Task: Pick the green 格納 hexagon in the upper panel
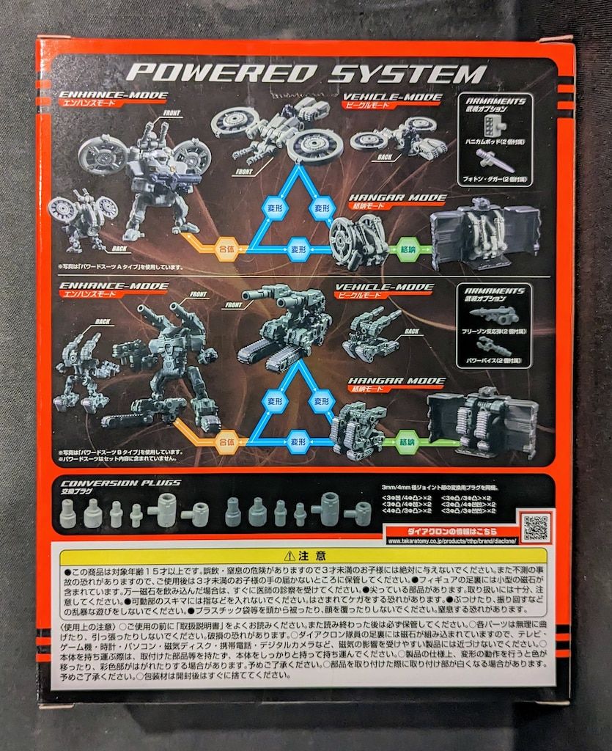tap(405, 249)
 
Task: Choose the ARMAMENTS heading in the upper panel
tap(494, 100)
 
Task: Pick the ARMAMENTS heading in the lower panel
tap(494, 290)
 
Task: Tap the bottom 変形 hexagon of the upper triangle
tap(296, 248)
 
